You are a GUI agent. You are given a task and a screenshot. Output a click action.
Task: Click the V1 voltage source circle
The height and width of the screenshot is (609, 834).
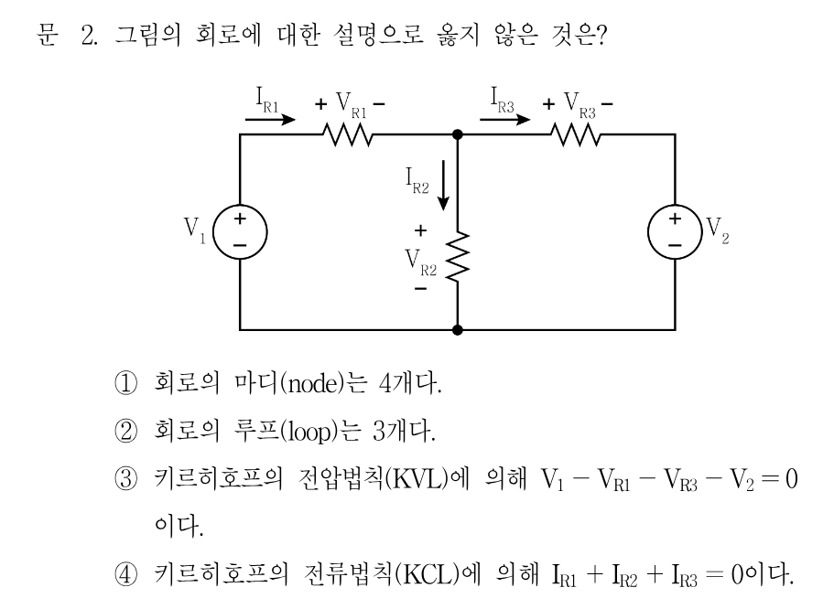(214, 232)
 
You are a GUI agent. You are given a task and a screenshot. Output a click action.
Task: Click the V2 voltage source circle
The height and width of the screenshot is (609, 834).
(648, 232)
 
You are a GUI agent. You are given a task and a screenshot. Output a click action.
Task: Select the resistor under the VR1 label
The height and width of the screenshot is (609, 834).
(348, 134)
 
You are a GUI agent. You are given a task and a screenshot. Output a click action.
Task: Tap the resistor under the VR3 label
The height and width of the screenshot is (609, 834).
(576, 134)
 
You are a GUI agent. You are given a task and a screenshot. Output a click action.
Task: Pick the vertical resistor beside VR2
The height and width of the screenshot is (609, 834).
(458, 256)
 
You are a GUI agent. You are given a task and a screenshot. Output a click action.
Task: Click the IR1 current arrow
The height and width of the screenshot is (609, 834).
(270, 120)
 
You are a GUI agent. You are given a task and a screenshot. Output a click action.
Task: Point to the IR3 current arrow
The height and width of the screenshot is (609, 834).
(504, 120)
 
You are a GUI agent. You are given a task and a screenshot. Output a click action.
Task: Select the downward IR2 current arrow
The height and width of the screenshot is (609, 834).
(443, 187)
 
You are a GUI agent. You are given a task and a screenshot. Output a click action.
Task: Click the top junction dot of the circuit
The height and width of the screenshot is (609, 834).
(457, 134)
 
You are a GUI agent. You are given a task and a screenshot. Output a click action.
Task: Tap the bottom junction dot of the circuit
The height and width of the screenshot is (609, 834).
(457, 330)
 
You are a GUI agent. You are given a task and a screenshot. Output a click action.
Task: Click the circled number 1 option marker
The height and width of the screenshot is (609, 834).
(126, 383)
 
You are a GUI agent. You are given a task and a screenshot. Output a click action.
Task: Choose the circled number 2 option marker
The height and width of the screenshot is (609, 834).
(126, 431)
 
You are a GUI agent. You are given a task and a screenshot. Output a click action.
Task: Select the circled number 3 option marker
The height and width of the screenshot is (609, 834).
(126, 479)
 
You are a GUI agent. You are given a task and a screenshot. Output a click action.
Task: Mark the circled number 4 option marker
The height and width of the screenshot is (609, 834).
(126, 574)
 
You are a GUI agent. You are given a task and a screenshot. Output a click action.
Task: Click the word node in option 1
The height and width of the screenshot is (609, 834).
(312, 384)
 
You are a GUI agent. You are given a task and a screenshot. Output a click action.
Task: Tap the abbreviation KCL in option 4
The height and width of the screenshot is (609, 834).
(430, 575)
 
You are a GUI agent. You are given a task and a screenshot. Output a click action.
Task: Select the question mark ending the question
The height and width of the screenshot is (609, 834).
(601, 35)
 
